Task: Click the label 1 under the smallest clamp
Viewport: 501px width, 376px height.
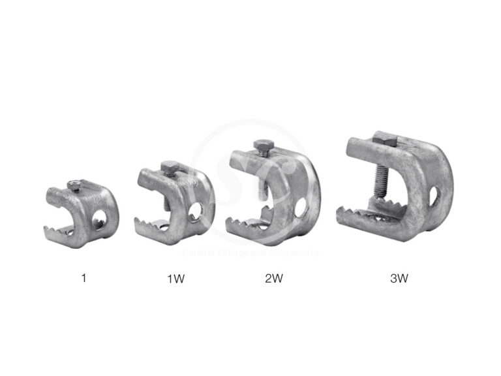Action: (x=83, y=278)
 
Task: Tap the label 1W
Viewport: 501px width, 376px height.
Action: (x=175, y=279)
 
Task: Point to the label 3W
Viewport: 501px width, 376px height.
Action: (x=398, y=279)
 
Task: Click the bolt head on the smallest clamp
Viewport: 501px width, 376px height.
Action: (x=75, y=186)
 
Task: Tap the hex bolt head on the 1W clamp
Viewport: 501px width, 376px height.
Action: (x=169, y=167)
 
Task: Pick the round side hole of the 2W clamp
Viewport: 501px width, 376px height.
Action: (x=300, y=208)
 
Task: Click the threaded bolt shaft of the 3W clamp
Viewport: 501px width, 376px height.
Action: (x=378, y=180)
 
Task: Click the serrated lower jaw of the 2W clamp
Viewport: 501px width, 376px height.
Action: (x=248, y=221)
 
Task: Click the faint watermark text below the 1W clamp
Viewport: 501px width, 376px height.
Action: (x=248, y=252)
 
